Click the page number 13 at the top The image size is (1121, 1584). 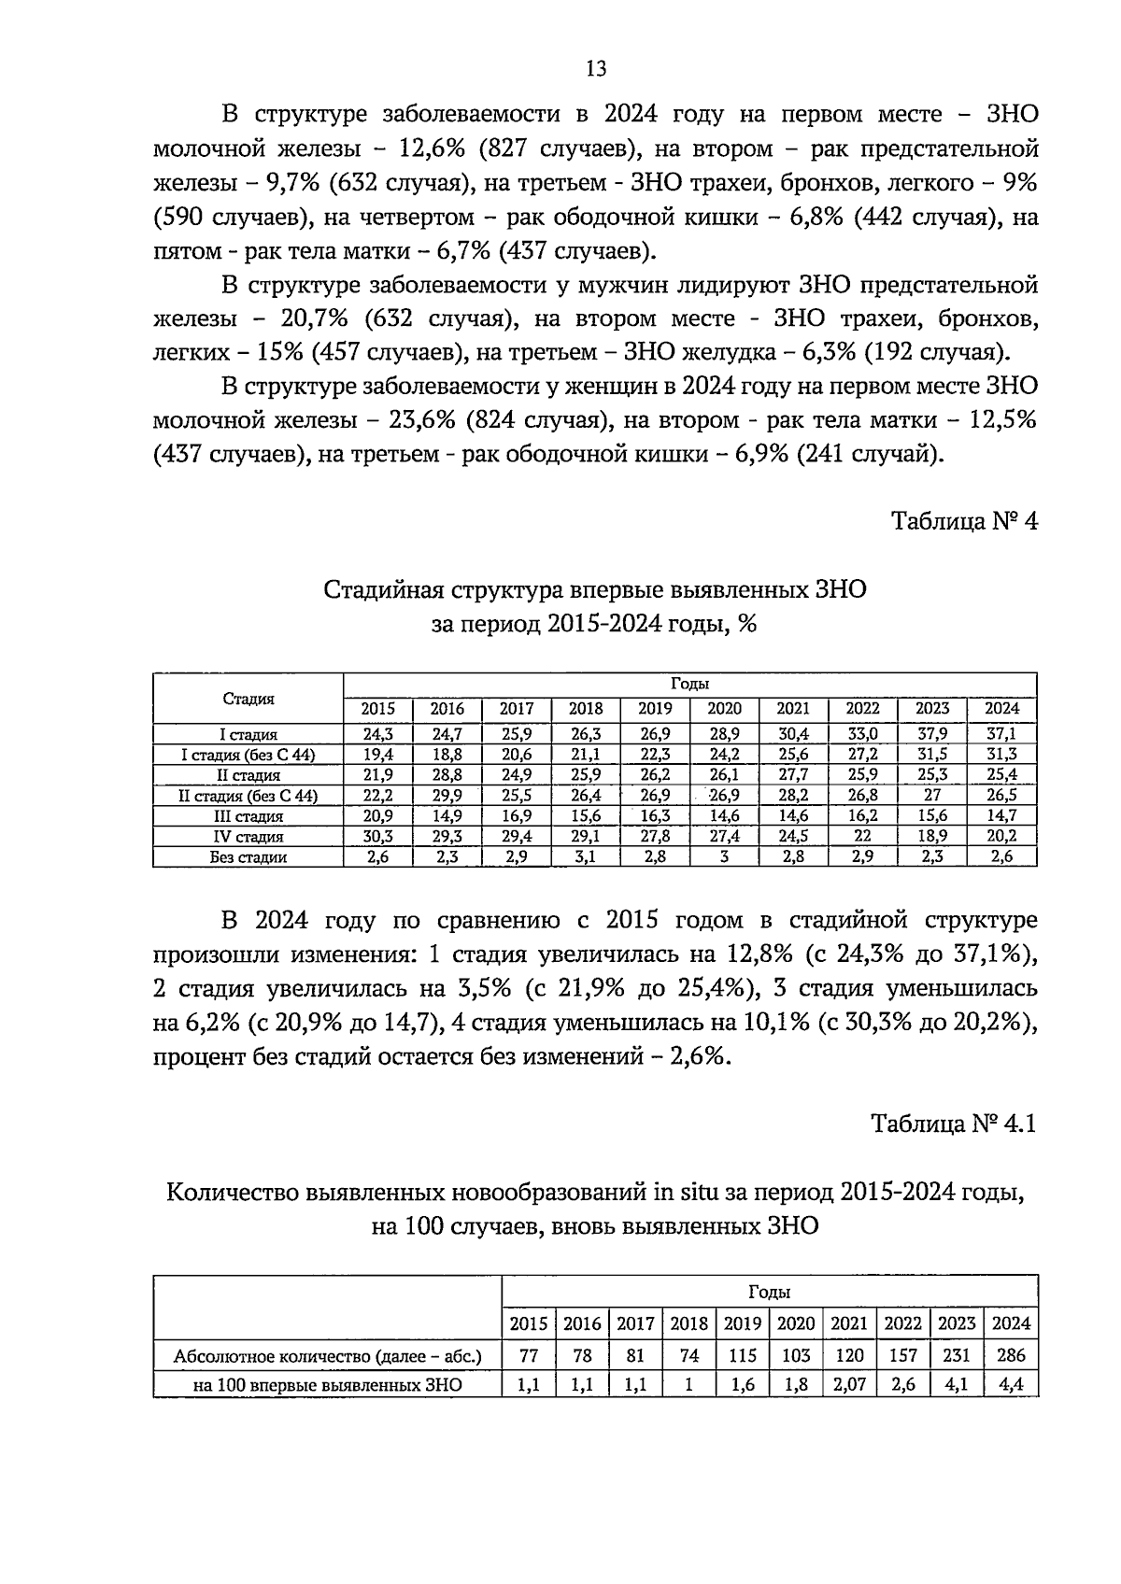pos(596,69)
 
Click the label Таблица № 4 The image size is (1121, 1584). pos(964,521)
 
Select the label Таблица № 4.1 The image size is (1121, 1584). pos(954,1123)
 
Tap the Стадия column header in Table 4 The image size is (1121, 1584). pos(248,699)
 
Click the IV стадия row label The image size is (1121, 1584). pos(248,837)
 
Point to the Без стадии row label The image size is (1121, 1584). pos(248,857)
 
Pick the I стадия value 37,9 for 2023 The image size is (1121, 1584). pos(931,735)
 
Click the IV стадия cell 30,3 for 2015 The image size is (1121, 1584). pos(377,837)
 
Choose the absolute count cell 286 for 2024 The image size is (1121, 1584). pos(1011,1355)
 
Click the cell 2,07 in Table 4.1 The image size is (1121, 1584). pos(849,1385)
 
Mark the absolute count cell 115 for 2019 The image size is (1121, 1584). pos(742,1355)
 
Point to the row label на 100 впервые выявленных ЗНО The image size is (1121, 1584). pos(328,1385)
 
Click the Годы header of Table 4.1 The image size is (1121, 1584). pos(770,1293)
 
